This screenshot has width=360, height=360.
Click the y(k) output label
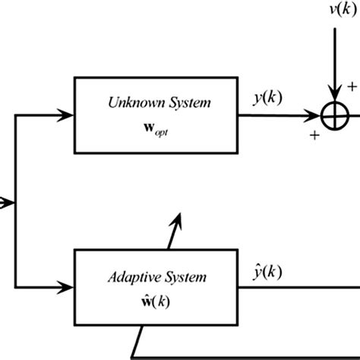[x=269, y=98]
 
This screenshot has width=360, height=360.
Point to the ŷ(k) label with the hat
[x=269, y=270]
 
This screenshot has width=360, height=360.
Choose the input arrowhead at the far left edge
[x=8, y=201]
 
